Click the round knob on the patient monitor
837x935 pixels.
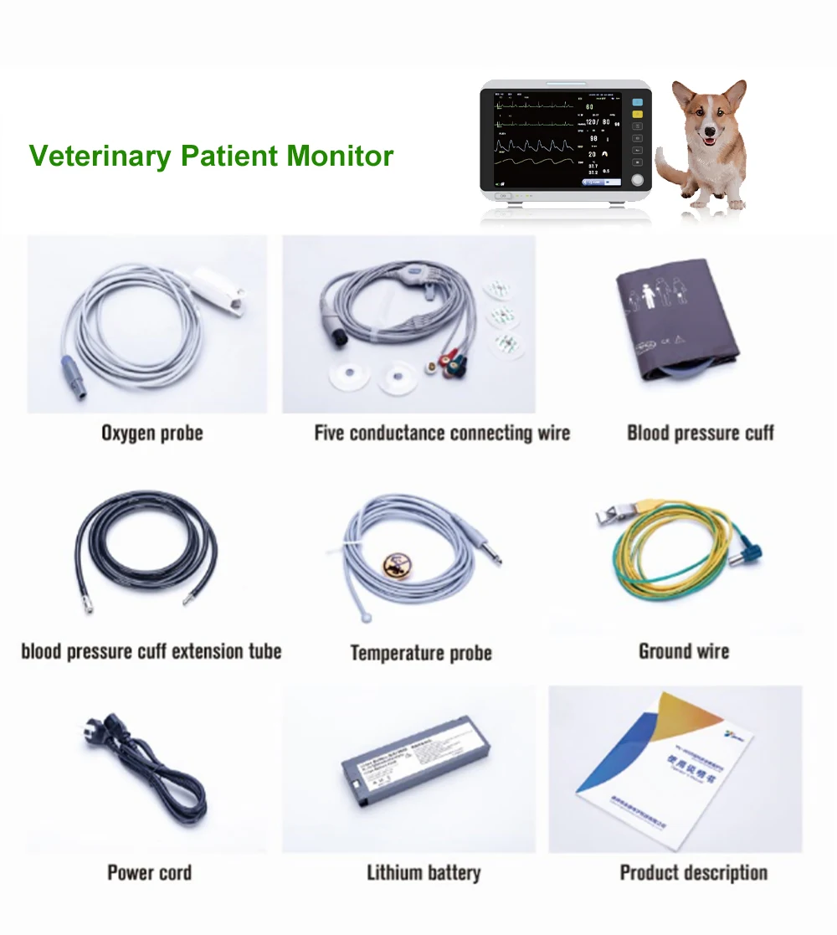pos(638,179)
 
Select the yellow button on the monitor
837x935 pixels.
pos(637,114)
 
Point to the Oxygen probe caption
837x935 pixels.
pos(151,434)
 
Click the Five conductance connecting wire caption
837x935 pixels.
pos(442,434)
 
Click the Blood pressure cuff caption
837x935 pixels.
pos(701,434)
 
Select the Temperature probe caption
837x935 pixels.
pos(420,653)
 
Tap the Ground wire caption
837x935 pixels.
pos(684,651)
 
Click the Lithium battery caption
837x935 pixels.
pos(424,873)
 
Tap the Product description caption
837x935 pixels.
pos(693,873)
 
